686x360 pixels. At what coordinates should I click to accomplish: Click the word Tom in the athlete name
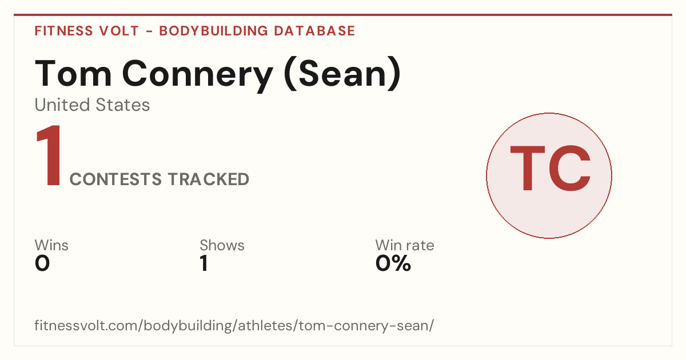pyautogui.click(x=73, y=73)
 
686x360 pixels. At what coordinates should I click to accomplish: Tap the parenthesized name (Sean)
pyautogui.click(x=342, y=74)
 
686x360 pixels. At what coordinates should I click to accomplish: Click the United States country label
pyautogui.click(x=92, y=105)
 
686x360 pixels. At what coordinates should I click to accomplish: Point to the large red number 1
pyautogui.click(x=49, y=155)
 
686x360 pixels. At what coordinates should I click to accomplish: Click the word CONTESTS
pyautogui.click(x=115, y=179)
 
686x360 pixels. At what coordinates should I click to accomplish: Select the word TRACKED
pyautogui.click(x=209, y=179)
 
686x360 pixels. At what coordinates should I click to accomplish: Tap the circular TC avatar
pyautogui.click(x=549, y=175)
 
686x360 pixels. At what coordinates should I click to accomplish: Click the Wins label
pyautogui.click(x=51, y=245)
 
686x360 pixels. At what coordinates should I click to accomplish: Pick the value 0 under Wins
pyautogui.click(x=42, y=263)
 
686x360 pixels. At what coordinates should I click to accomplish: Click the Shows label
pyautogui.click(x=222, y=245)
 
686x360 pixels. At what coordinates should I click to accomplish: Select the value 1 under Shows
pyautogui.click(x=204, y=263)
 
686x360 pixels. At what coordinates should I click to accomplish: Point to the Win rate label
pyautogui.click(x=405, y=245)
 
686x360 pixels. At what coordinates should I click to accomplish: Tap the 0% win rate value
pyautogui.click(x=393, y=263)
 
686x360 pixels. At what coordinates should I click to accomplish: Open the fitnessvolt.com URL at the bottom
pyautogui.click(x=234, y=325)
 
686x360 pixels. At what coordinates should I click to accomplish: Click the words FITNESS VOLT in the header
pyautogui.click(x=87, y=31)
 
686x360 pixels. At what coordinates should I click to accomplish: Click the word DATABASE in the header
pyautogui.click(x=314, y=31)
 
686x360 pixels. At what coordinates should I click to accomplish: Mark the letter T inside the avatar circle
pyautogui.click(x=527, y=168)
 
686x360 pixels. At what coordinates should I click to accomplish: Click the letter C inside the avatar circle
pyautogui.click(x=569, y=168)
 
